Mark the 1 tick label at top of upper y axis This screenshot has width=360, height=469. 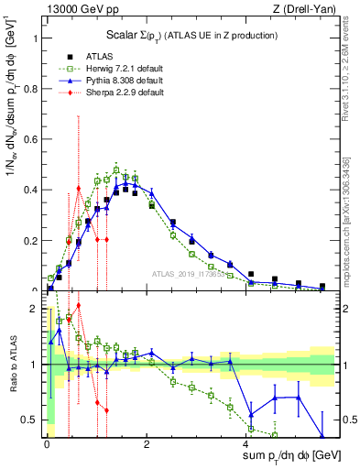(x=38, y=39)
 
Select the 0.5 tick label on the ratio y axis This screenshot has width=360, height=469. (x=35, y=420)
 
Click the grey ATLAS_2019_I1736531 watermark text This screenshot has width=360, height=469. (x=191, y=274)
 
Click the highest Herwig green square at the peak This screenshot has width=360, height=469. (x=116, y=169)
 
